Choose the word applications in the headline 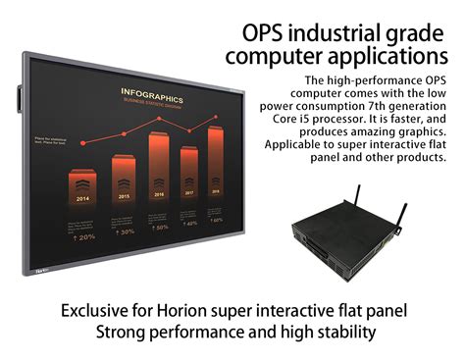pos(379,55)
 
